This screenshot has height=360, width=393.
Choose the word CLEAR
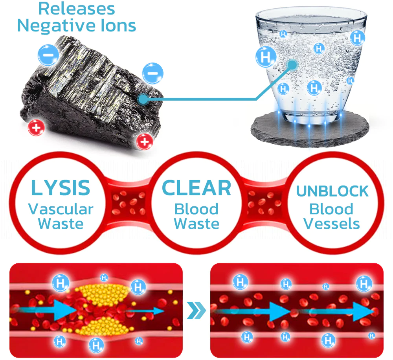196,188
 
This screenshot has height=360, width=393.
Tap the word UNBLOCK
332,191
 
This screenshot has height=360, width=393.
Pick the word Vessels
332,224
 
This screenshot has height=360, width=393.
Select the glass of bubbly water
310,63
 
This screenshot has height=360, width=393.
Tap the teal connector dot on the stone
143,99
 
